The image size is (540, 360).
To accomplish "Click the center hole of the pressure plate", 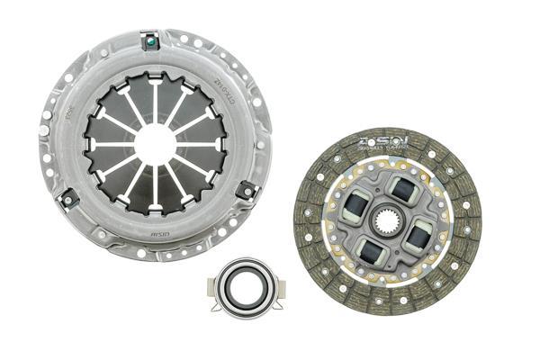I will point(155,144).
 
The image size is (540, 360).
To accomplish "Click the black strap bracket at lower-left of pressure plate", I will point(66,194).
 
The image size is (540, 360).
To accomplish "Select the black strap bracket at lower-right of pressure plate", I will point(244,189).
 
